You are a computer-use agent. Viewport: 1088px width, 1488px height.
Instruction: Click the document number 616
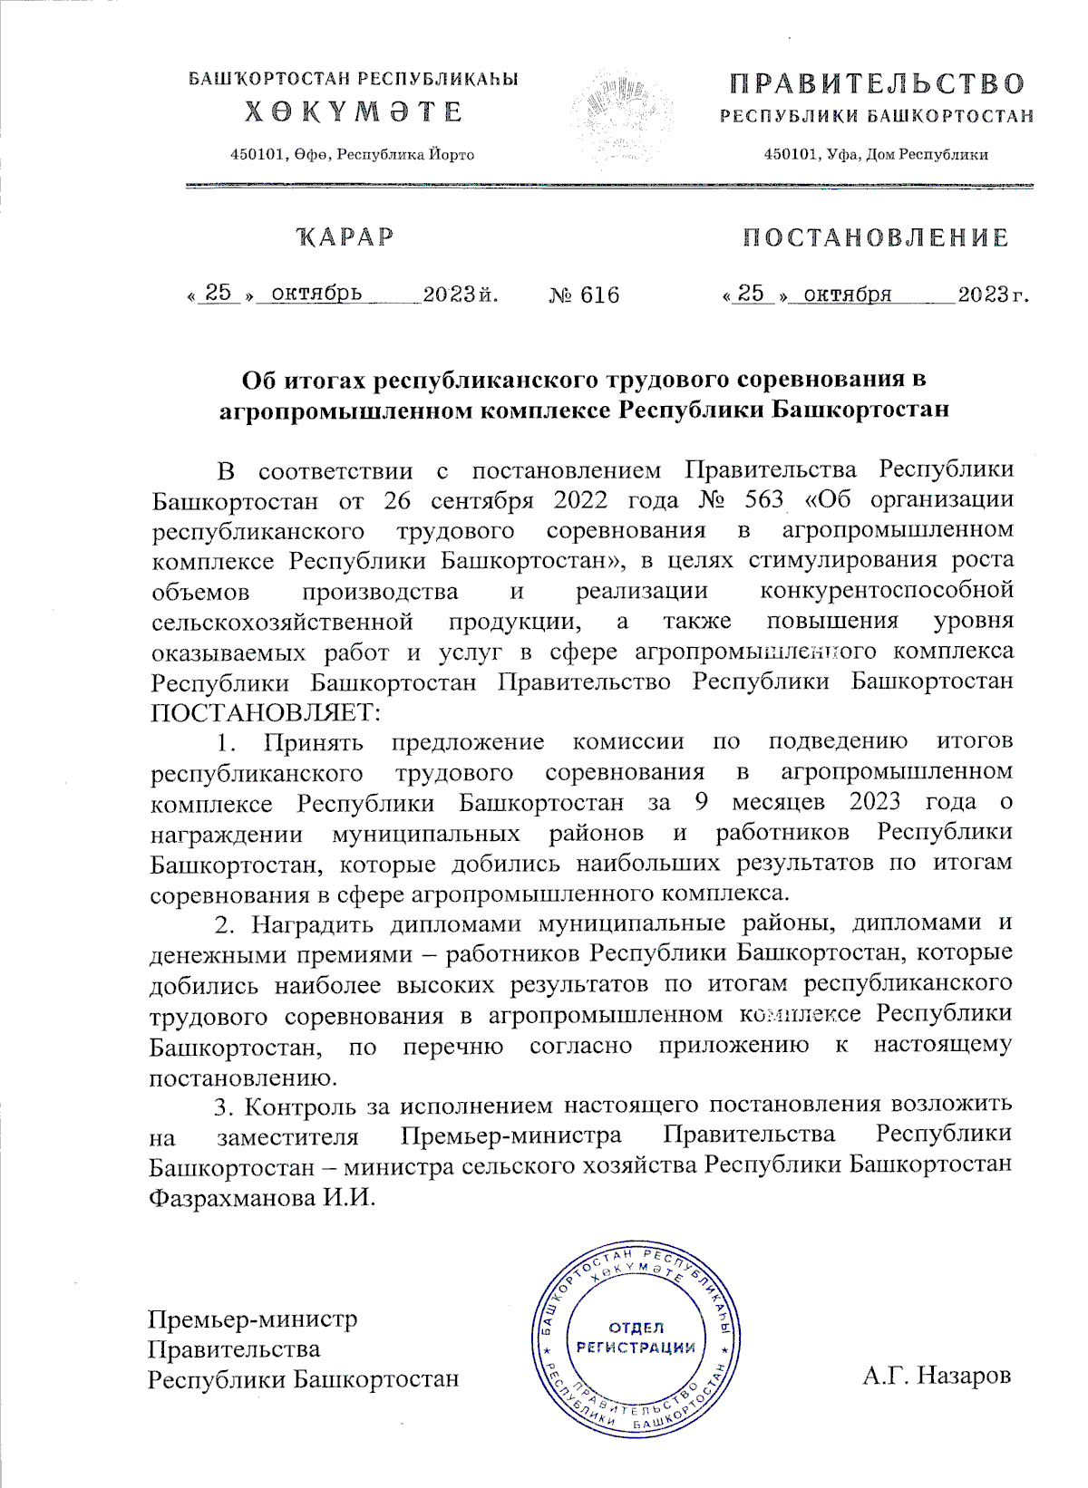click(599, 295)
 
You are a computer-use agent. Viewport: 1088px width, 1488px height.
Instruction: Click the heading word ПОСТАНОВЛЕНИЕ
click(875, 237)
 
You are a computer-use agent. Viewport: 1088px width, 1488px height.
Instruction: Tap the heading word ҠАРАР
click(345, 237)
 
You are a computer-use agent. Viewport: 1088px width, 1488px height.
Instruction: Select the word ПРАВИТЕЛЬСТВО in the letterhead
click(877, 85)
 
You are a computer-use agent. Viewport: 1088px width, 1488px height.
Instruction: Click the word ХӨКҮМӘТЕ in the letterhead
click(354, 112)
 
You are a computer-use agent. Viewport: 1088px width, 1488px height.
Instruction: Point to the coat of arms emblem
click(622, 118)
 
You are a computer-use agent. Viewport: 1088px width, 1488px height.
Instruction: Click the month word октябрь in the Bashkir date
click(316, 294)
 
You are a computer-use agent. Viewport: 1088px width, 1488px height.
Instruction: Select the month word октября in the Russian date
click(847, 294)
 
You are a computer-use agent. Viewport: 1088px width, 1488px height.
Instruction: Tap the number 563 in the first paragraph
click(763, 499)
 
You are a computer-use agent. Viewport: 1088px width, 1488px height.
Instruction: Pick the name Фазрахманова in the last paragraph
click(231, 1197)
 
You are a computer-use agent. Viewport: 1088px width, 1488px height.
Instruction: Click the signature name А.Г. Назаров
click(936, 1376)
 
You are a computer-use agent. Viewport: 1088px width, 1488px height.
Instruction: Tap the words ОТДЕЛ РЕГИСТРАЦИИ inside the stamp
click(636, 1338)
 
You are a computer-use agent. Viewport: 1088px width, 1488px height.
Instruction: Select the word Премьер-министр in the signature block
click(253, 1319)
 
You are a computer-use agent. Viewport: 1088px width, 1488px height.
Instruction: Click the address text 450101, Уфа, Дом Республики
click(876, 155)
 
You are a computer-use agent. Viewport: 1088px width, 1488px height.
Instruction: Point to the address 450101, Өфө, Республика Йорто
click(353, 155)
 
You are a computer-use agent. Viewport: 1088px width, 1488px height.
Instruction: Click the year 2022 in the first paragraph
click(580, 499)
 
